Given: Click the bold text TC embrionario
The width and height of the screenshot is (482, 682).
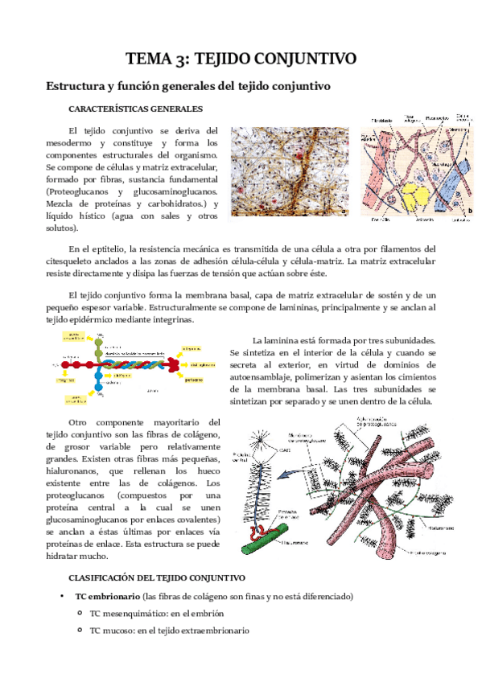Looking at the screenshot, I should pos(106,597).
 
